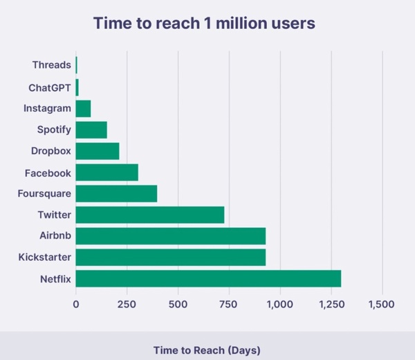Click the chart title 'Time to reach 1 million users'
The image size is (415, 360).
click(204, 23)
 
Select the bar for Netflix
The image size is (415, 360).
click(208, 279)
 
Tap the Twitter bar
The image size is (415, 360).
click(150, 215)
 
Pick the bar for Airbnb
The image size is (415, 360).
click(171, 236)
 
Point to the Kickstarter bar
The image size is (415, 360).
click(171, 258)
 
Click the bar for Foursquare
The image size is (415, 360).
click(116, 193)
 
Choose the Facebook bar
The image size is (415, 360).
click(107, 172)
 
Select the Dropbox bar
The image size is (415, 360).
click(98, 151)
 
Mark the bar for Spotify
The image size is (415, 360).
click(91, 129)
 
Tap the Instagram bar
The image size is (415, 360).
click(84, 109)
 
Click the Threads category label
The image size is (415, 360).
click(51, 66)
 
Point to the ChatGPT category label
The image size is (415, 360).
click(50, 87)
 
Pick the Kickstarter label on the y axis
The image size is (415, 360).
click(45, 258)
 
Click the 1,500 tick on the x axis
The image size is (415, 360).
click(382, 305)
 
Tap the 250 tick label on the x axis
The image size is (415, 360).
click(127, 305)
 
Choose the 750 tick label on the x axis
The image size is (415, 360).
click(229, 305)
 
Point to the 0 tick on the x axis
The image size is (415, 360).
click(76, 305)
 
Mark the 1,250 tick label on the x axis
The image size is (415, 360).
click(331, 305)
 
